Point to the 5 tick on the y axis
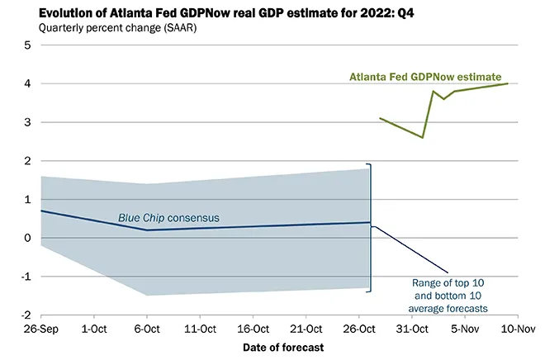26,45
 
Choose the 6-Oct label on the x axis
146,329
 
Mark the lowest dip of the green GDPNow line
423,137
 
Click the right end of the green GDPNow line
507,83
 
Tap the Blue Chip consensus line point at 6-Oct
146,230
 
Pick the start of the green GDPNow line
380,118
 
